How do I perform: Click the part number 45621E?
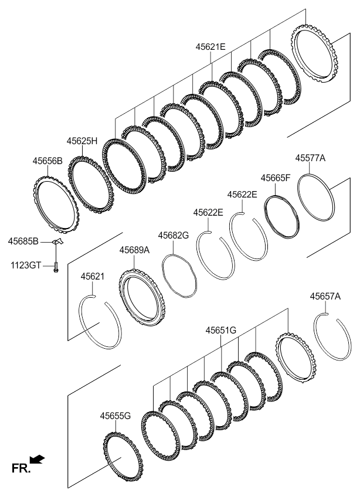click(x=210, y=47)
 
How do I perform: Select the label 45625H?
click(x=82, y=141)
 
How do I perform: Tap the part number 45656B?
click(x=47, y=161)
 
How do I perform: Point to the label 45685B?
click(x=23, y=242)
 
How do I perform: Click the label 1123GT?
click(x=25, y=265)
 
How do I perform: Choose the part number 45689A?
click(x=134, y=250)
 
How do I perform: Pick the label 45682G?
click(x=174, y=235)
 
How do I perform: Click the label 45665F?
click(x=276, y=178)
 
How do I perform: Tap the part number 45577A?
click(x=311, y=158)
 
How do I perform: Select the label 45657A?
click(x=325, y=297)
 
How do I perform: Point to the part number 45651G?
click(x=221, y=331)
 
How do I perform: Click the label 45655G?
click(x=116, y=416)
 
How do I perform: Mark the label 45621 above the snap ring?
click(x=92, y=277)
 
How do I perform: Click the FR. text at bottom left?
click(x=21, y=468)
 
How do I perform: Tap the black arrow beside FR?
click(x=37, y=459)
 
